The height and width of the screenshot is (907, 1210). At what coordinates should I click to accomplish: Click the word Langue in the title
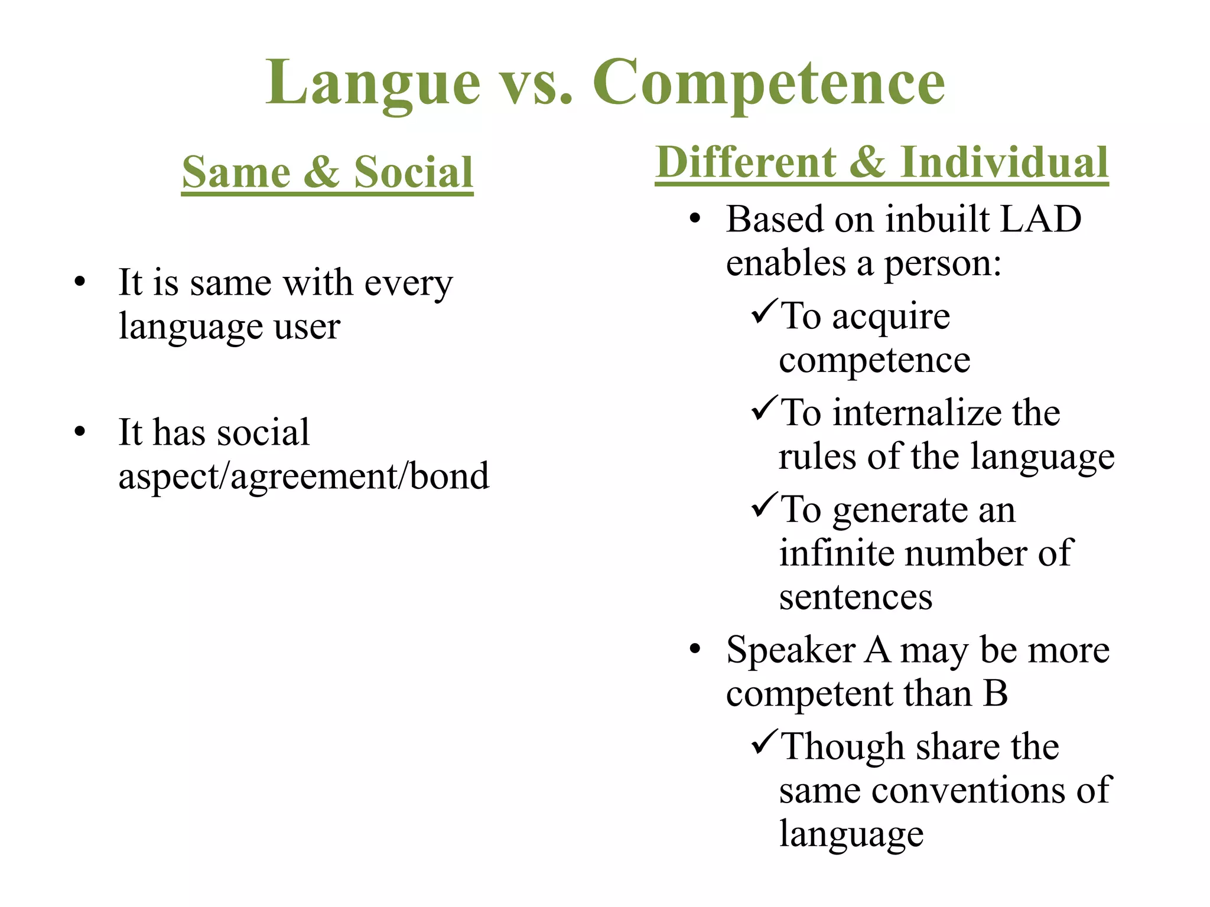pyautogui.click(x=373, y=84)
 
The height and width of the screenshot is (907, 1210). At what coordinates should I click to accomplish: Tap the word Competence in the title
pyautogui.click(x=769, y=84)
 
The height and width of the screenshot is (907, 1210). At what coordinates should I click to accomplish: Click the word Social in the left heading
pyautogui.click(x=414, y=172)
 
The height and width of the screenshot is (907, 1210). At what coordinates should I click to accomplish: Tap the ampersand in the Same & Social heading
pyautogui.click(x=322, y=172)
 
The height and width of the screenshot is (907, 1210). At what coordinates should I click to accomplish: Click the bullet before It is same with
pyautogui.click(x=80, y=282)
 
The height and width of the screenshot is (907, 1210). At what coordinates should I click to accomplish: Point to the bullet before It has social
pyautogui.click(x=80, y=432)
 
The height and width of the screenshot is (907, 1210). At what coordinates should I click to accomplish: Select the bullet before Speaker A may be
pyautogui.click(x=695, y=649)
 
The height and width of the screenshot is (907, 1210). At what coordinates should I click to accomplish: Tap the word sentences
pyautogui.click(x=856, y=597)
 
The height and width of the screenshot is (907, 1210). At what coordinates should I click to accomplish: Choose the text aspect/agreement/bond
pyautogui.click(x=304, y=476)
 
